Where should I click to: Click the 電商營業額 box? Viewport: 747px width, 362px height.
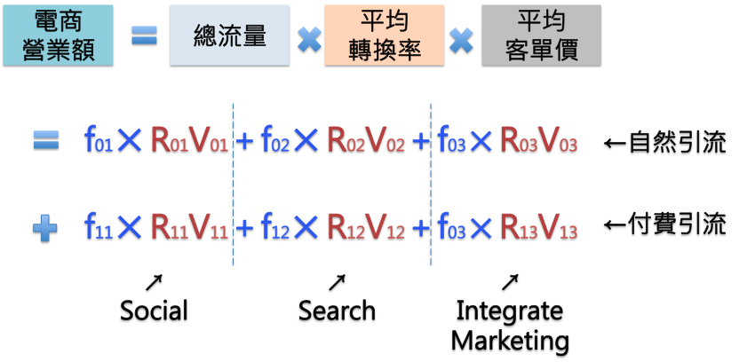(x=58, y=35)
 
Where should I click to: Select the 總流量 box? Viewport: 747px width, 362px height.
(x=229, y=35)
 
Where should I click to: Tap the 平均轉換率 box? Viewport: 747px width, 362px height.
(x=384, y=35)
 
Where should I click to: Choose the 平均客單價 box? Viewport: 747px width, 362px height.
(x=541, y=35)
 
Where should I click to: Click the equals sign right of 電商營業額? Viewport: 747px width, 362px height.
(x=144, y=35)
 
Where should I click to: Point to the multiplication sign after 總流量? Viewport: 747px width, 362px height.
(x=309, y=38)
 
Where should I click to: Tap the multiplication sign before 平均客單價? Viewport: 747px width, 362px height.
(x=461, y=38)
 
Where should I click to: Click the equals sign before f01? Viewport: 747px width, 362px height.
(x=46, y=139)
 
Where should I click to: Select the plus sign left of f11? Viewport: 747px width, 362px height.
(x=45, y=228)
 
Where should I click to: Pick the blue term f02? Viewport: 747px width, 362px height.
(x=274, y=140)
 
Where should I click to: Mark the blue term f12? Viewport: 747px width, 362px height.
(x=274, y=228)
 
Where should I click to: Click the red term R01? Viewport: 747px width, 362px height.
(x=169, y=140)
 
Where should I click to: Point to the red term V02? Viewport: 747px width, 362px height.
(x=385, y=140)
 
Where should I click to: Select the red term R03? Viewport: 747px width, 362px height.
(x=519, y=140)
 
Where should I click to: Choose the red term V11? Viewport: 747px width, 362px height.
(x=209, y=228)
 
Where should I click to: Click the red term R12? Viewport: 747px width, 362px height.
(x=346, y=228)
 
